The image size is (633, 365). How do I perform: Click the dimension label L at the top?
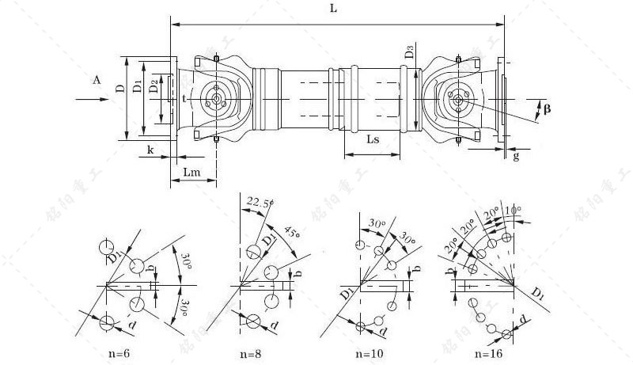333,10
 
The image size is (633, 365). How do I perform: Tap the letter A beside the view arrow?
96,81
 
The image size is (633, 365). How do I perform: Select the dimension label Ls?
375,139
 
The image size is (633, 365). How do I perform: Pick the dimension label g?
516,157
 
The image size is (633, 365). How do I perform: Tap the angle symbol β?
548,105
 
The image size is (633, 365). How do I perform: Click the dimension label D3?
408,55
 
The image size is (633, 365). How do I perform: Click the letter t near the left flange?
184,99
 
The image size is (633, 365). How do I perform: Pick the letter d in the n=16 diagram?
525,319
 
